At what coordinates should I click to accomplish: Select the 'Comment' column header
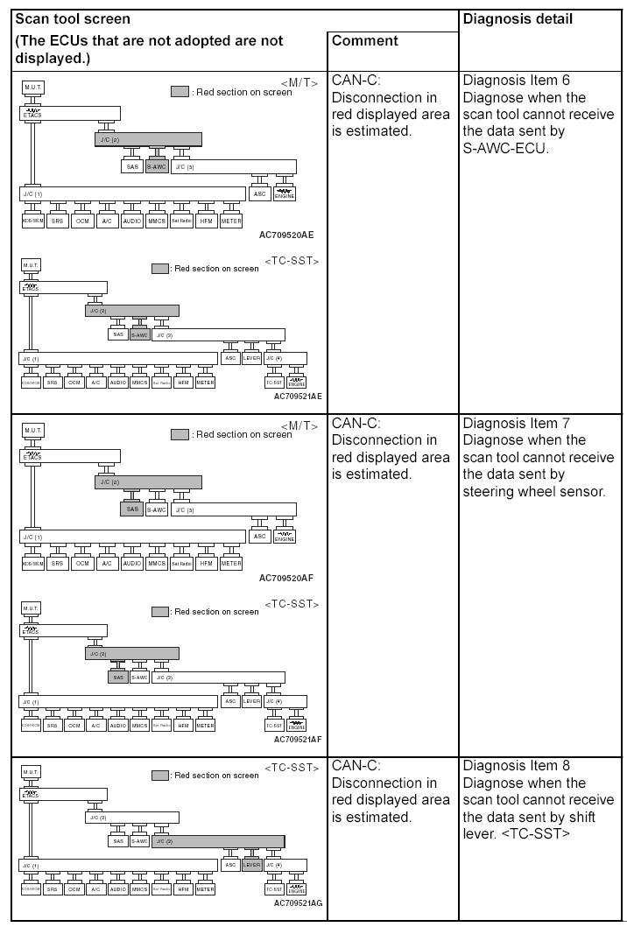365,40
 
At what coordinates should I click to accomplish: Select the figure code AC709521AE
298,396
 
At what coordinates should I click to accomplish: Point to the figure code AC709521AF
298,739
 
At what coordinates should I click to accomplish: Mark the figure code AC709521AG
298,902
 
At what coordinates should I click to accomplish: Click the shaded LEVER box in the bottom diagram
251,865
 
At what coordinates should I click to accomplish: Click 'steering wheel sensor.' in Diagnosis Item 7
534,491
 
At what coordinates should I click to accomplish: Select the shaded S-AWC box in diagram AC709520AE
157,166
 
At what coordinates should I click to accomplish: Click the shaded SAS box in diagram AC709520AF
132,509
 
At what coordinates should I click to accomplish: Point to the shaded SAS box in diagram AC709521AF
118,677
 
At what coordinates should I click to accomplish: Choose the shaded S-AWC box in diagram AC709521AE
139,334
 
